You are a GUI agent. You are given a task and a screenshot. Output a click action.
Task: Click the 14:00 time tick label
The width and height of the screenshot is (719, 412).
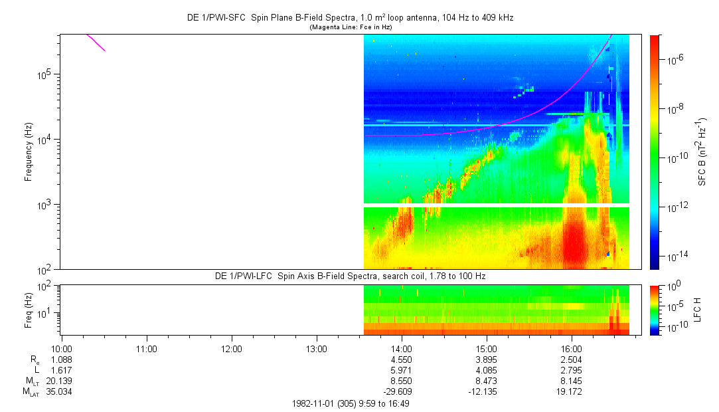(x=402, y=348)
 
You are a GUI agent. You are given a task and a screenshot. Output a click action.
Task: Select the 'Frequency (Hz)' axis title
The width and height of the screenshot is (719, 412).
(x=29, y=152)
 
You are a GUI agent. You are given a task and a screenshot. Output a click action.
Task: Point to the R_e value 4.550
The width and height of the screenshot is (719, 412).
(x=402, y=359)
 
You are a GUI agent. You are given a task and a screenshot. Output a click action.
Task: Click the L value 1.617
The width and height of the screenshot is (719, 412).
(x=62, y=369)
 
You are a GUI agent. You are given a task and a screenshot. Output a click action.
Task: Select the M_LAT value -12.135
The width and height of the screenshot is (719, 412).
(x=487, y=391)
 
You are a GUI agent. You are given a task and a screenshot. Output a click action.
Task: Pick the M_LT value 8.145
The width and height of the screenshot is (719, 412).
(x=572, y=380)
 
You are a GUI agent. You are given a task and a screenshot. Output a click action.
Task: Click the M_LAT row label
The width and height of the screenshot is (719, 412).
(x=30, y=391)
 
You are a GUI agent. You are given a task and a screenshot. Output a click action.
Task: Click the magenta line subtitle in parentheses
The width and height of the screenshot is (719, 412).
(x=350, y=27)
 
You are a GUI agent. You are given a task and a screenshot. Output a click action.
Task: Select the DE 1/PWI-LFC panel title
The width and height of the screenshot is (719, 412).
(x=350, y=276)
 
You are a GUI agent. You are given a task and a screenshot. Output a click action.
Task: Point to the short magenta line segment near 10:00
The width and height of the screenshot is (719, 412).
(x=96, y=43)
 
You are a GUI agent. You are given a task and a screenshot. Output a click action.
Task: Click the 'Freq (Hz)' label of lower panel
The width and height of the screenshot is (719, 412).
(x=29, y=310)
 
